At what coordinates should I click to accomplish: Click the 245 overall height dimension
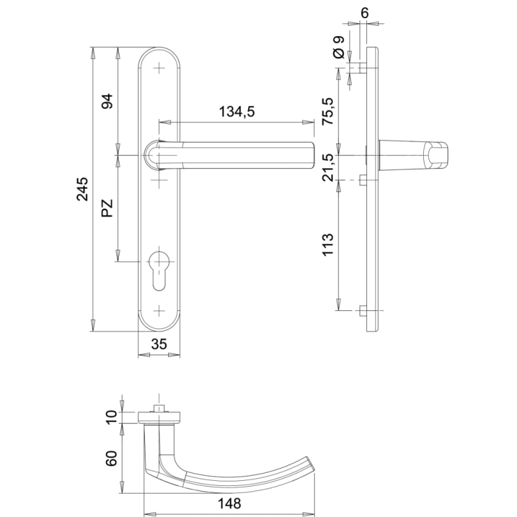pos(83,189)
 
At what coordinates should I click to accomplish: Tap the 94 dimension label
pos(107,101)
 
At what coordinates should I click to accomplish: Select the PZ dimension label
pos(107,208)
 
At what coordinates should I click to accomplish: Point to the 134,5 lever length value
pos(237,112)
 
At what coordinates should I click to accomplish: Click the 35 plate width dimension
pos(159,344)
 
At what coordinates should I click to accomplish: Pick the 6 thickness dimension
pos(364,13)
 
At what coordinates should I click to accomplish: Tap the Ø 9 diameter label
pos(339,47)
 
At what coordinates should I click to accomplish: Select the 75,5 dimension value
pos(328,111)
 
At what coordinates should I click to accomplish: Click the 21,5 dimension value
pos(328,167)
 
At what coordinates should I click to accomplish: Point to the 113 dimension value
pos(328,245)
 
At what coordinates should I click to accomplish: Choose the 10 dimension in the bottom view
pos(111,417)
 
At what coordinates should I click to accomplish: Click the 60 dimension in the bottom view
pos(111,458)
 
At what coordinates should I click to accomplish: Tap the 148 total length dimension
pos(229,504)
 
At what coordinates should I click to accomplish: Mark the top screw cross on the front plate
pos(159,69)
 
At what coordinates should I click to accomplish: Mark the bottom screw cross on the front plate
pos(159,311)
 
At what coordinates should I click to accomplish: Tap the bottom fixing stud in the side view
pos(363,310)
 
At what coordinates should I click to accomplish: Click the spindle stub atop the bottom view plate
pos(159,408)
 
